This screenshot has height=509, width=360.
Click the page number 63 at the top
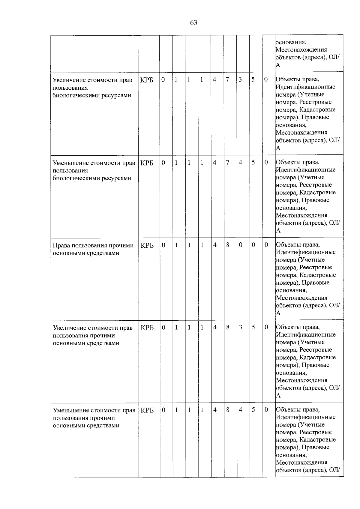pyautogui.click(x=193, y=23)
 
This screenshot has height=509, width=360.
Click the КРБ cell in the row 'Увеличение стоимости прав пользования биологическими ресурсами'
pyautogui.click(x=147, y=80)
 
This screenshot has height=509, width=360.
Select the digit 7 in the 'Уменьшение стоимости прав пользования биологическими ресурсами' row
pyautogui.click(x=227, y=163)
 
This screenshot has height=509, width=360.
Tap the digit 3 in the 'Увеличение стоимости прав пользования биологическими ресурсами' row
pyautogui.click(x=240, y=80)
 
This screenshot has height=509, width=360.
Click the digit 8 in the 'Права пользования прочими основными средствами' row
pyautogui.click(x=228, y=245)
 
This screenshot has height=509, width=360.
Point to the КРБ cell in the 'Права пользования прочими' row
pyautogui.click(x=147, y=245)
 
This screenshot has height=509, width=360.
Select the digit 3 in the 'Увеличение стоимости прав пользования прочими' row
pyautogui.click(x=240, y=328)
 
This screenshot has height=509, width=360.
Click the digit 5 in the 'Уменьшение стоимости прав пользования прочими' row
pyautogui.click(x=253, y=410)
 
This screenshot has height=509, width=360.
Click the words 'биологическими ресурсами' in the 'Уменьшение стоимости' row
pyautogui.click(x=92, y=178)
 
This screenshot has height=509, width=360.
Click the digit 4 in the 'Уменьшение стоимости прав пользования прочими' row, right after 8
pyautogui.click(x=240, y=410)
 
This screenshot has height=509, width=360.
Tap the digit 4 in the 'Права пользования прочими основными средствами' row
pyautogui.click(x=215, y=245)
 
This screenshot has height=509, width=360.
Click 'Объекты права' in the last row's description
pyautogui.click(x=297, y=409)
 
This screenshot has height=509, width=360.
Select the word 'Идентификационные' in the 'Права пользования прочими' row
pyautogui.click(x=305, y=252)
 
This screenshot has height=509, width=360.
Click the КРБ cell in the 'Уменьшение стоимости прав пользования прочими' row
pyautogui.click(x=147, y=410)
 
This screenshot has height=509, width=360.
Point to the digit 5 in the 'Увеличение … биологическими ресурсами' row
pyautogui.click(x=253, y=80)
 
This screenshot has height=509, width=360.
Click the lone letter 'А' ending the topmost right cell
pyautogui.click(x=278, y=65)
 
